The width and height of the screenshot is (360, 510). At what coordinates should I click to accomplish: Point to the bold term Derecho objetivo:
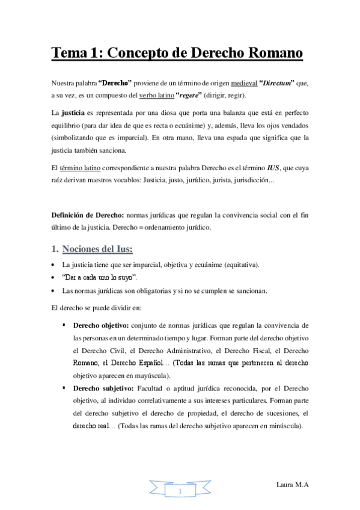tap(101, 325)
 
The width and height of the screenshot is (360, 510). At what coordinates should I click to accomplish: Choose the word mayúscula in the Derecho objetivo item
tap(154, 376)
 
